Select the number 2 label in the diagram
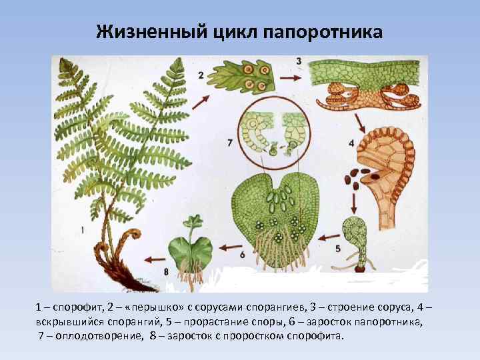(x=201, y=76)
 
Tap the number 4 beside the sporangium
(x=351, y=143)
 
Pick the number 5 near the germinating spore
(x=339, y=248)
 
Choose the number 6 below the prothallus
(x=241, y=254)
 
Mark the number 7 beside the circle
(x=229, y=143)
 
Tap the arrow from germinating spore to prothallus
(x=327, y=235)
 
